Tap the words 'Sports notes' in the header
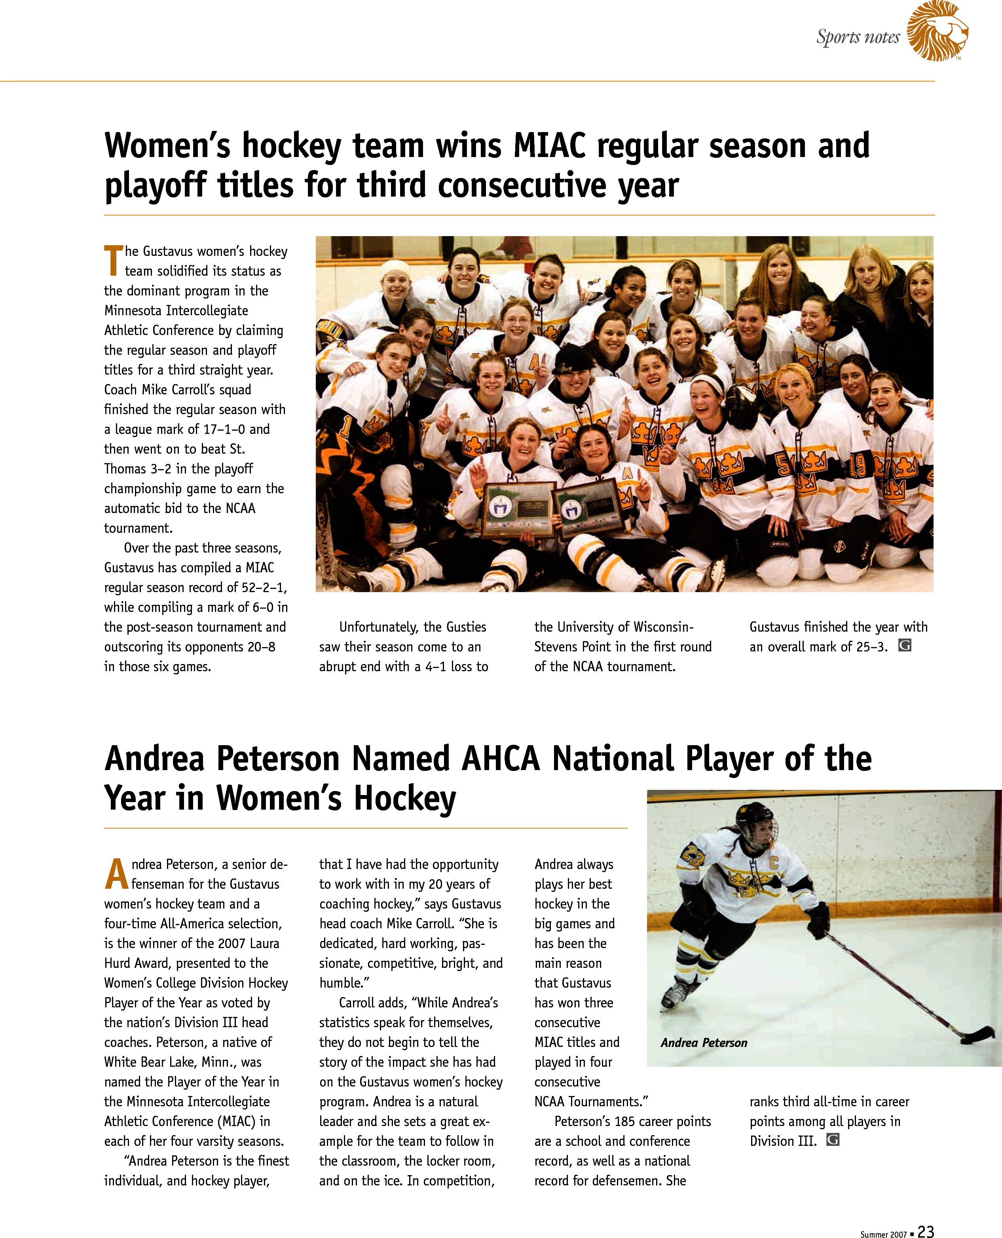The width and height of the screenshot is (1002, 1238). [858, 37]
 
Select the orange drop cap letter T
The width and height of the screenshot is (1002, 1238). [113, 261]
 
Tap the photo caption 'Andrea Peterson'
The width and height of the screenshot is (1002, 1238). [704, 1043]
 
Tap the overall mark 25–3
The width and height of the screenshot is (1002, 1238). [871, 647]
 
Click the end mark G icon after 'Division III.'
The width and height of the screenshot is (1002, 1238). [832, 1140]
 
